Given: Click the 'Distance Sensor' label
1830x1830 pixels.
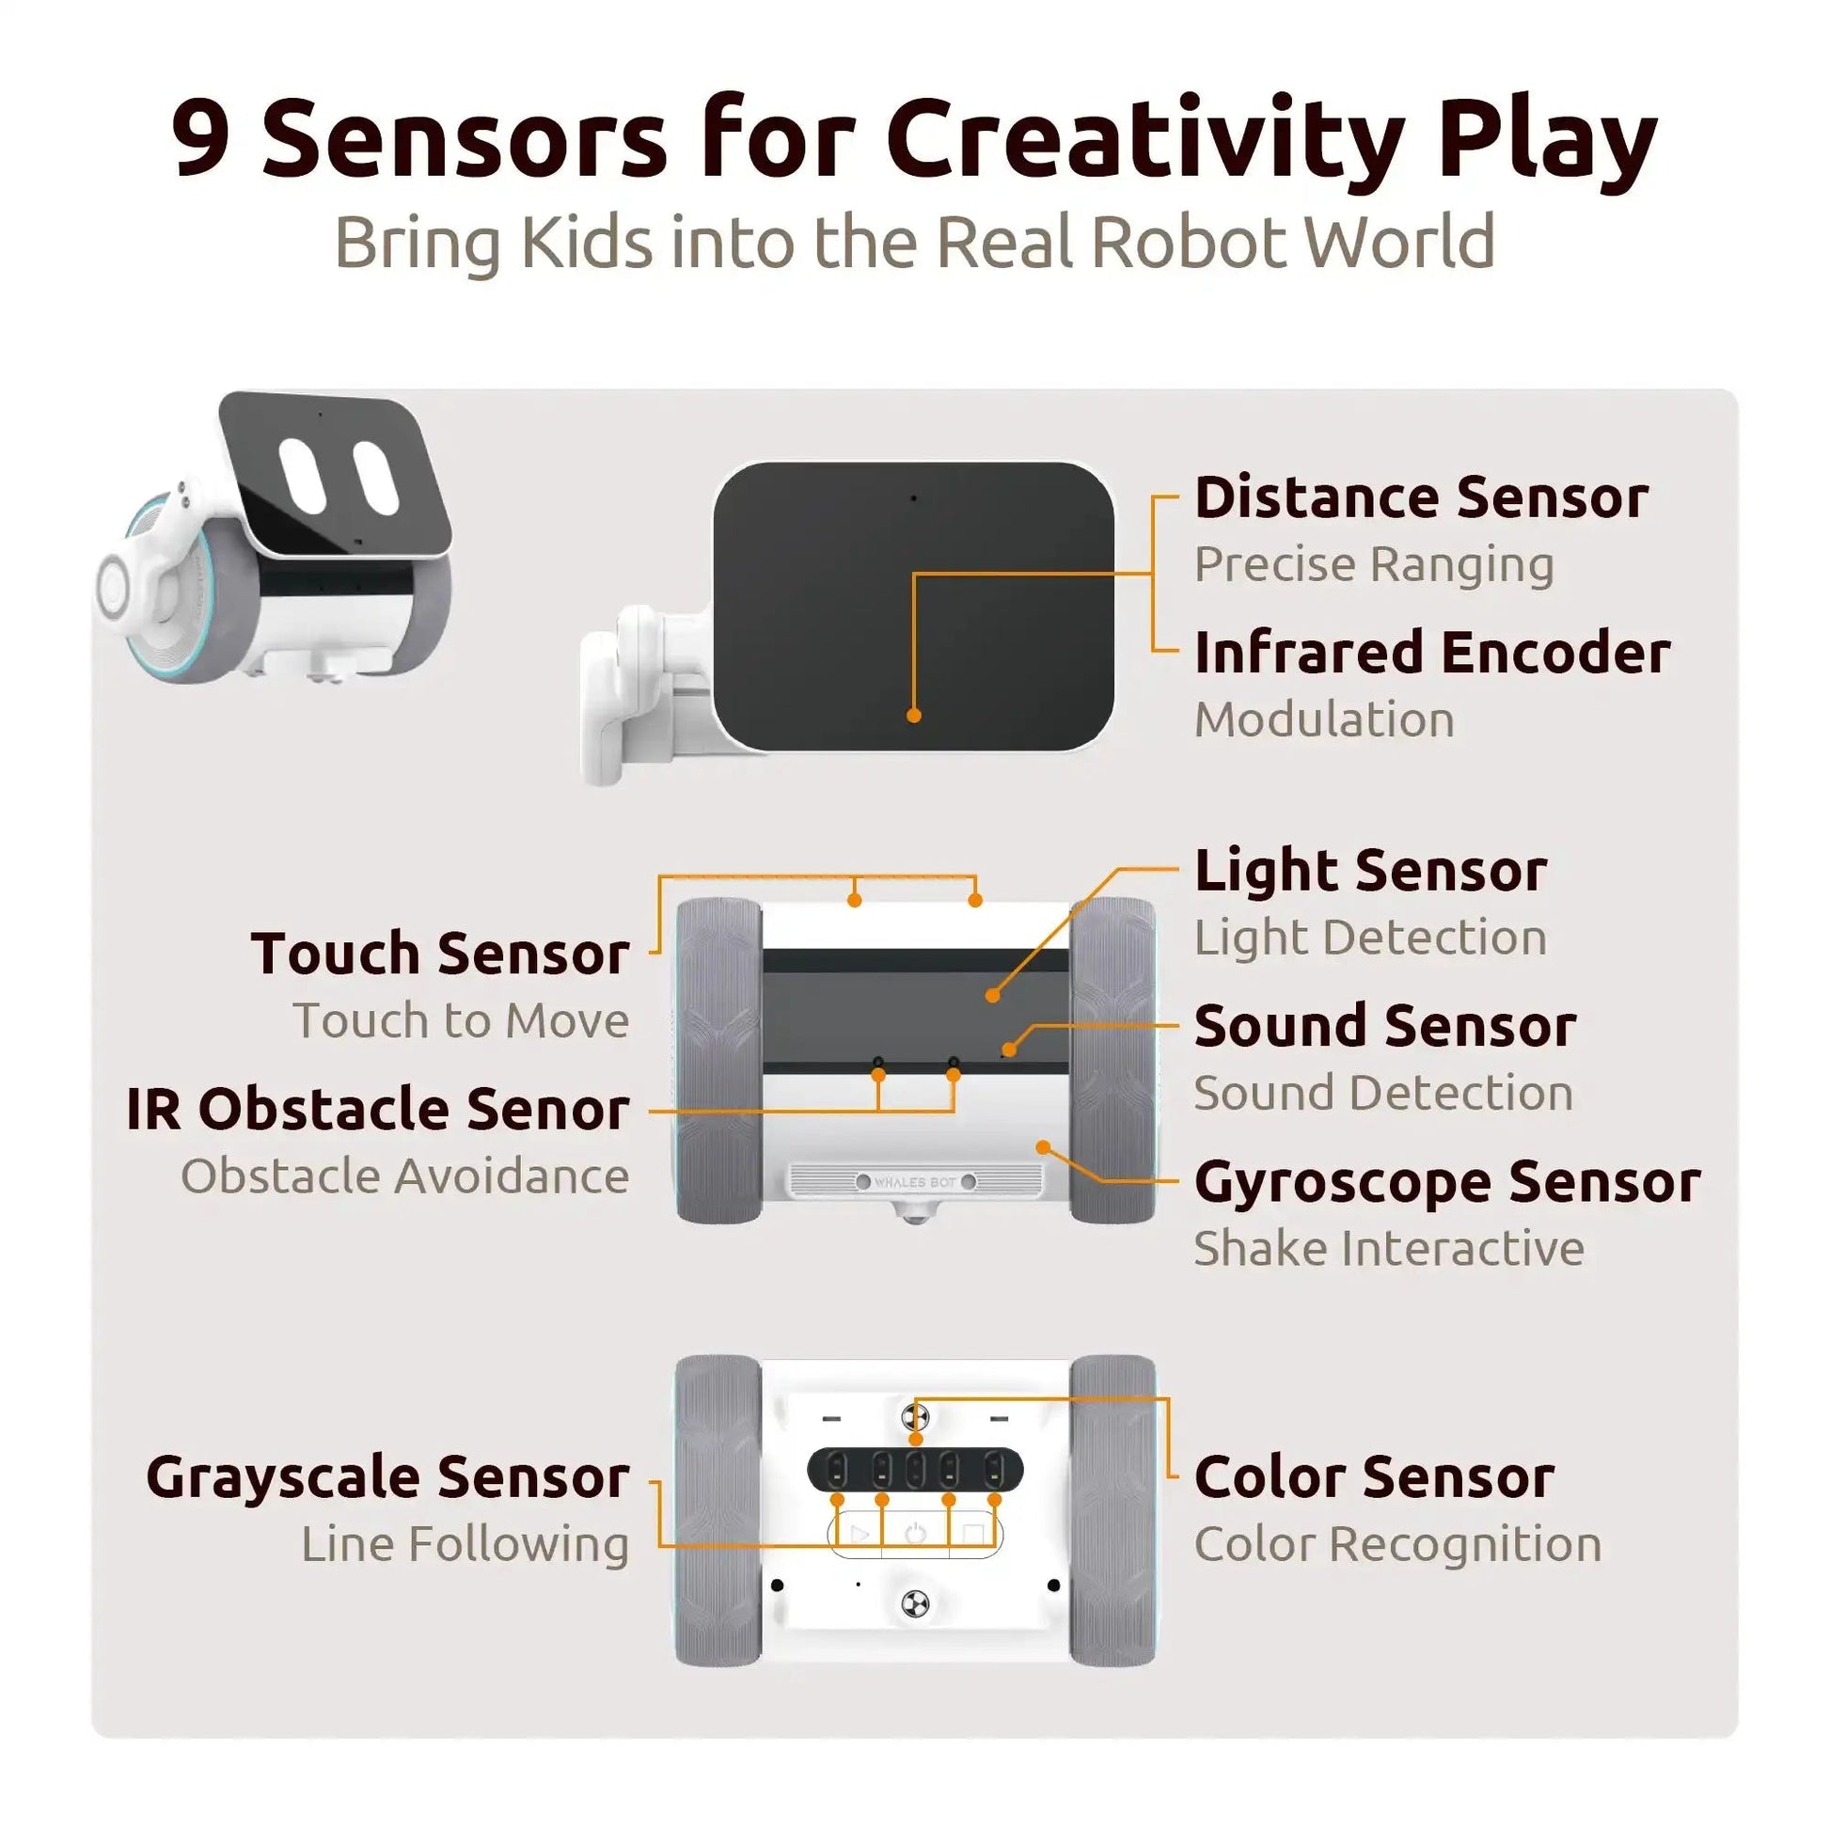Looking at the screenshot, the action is tap(1421, 497).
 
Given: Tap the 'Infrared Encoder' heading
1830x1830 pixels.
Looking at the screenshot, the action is tap(1432, 653).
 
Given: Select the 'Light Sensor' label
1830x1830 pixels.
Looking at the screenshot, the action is tap(1370, 872).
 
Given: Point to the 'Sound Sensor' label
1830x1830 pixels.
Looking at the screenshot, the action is tap(1385, 1026).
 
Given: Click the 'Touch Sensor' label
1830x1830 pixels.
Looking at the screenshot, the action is tap(439, 953).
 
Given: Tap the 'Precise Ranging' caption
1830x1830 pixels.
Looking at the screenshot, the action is tap(1374, 565).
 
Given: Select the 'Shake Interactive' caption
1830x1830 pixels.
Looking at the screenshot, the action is tap(1389, 1248).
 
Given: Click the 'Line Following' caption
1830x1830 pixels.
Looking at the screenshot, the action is tap(465, 1545).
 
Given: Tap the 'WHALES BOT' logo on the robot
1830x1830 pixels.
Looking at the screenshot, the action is tap(915, 1182).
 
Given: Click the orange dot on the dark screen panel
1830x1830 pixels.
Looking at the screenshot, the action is tap(914, 715).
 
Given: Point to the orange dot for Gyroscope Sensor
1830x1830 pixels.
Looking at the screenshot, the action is tap(1043, 1147).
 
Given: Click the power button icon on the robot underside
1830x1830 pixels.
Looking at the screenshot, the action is tap(915, 1534).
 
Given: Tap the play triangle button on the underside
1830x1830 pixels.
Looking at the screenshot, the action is tap(860, 1534).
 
